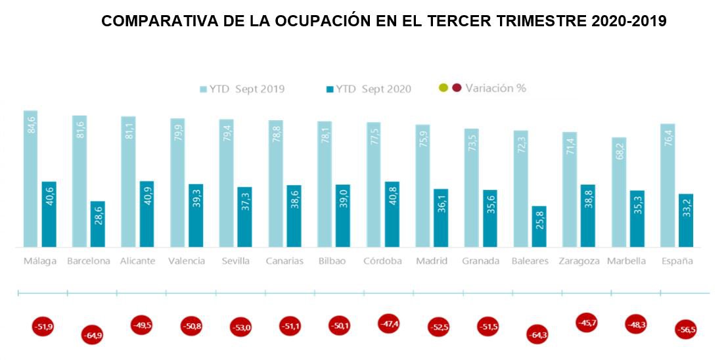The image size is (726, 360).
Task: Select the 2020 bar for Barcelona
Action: tap(98, 224)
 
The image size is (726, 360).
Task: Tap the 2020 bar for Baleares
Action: tap(539, 227)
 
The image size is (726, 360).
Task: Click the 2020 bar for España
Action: tap(686, 220)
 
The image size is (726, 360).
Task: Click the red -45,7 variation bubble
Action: tap(587, 323)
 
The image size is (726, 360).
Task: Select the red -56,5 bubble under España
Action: tap(685, 329)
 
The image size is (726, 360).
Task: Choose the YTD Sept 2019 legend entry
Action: tap(242, 89)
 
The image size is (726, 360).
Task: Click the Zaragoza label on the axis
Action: tap(579, 261)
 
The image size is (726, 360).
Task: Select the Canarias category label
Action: tap(284, 261)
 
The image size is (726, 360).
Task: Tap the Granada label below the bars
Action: tap(481, 261)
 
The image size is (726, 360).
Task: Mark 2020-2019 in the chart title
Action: tap(629, 21)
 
